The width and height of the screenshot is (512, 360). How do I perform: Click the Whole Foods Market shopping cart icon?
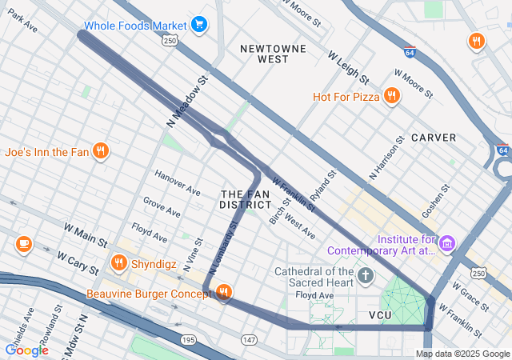[x=199, y=25]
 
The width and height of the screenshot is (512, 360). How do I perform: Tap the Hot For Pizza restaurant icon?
[x=391, y=97]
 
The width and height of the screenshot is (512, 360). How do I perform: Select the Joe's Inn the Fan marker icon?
[x=100, y=150]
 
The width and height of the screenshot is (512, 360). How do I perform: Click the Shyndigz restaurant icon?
[x=119, y=262]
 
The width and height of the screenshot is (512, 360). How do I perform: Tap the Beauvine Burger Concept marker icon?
[x=224, y=294]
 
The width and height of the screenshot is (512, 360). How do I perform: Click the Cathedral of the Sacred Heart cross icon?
[x=366, y=277]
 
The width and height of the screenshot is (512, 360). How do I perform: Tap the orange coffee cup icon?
[x=23, y=243]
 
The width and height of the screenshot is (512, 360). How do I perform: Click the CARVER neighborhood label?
[x=434, y=138]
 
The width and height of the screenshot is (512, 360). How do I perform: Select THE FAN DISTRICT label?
[x=246, y=199]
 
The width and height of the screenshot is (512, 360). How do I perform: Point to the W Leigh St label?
[x=349, y=68]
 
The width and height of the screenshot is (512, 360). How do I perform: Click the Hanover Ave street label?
[x=177, y=184]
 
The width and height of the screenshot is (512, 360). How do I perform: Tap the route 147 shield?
[x=250, y=340]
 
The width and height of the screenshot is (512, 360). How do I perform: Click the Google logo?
[x=26, y=350]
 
